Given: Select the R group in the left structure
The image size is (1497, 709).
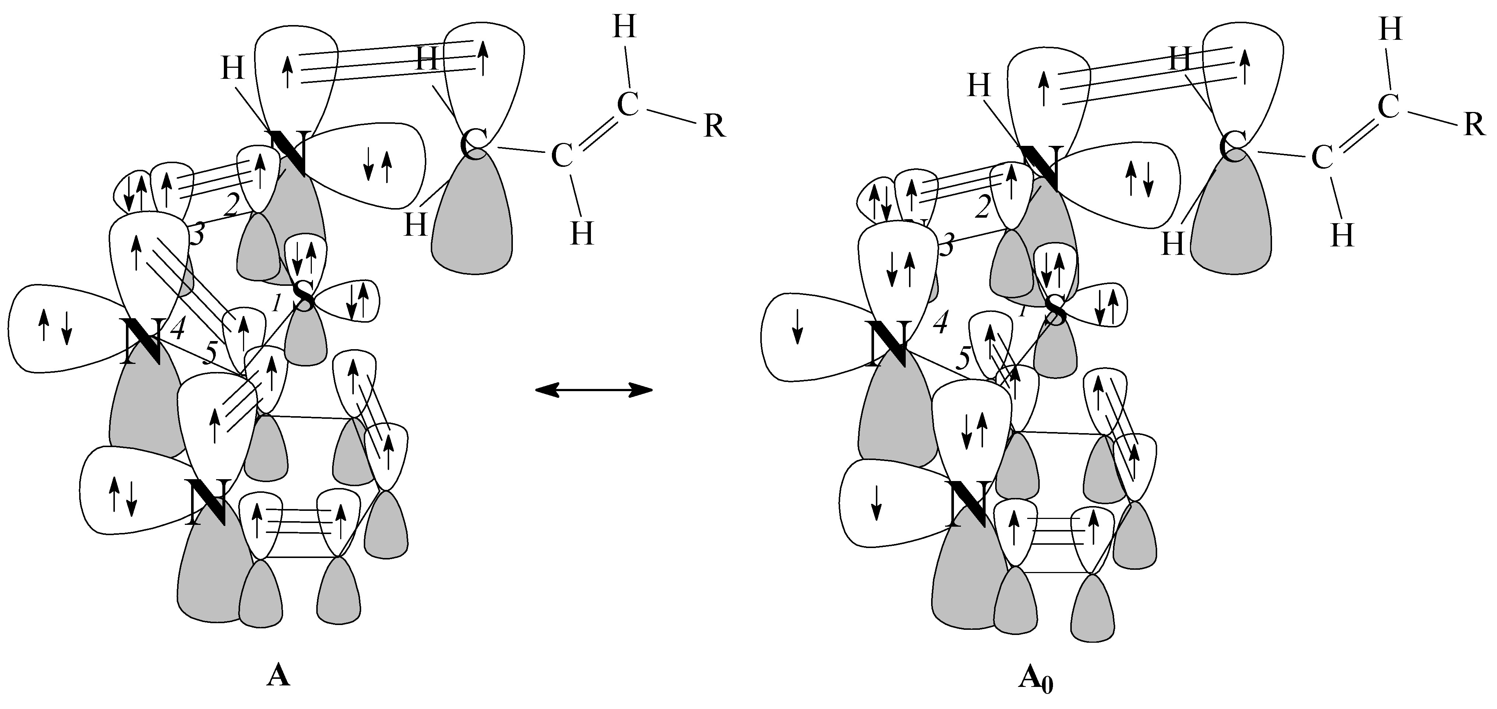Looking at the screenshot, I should click(714, 126).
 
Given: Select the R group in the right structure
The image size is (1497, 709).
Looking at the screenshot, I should click(1474, 124).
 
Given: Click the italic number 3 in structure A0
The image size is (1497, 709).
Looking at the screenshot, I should click(947, 247).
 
